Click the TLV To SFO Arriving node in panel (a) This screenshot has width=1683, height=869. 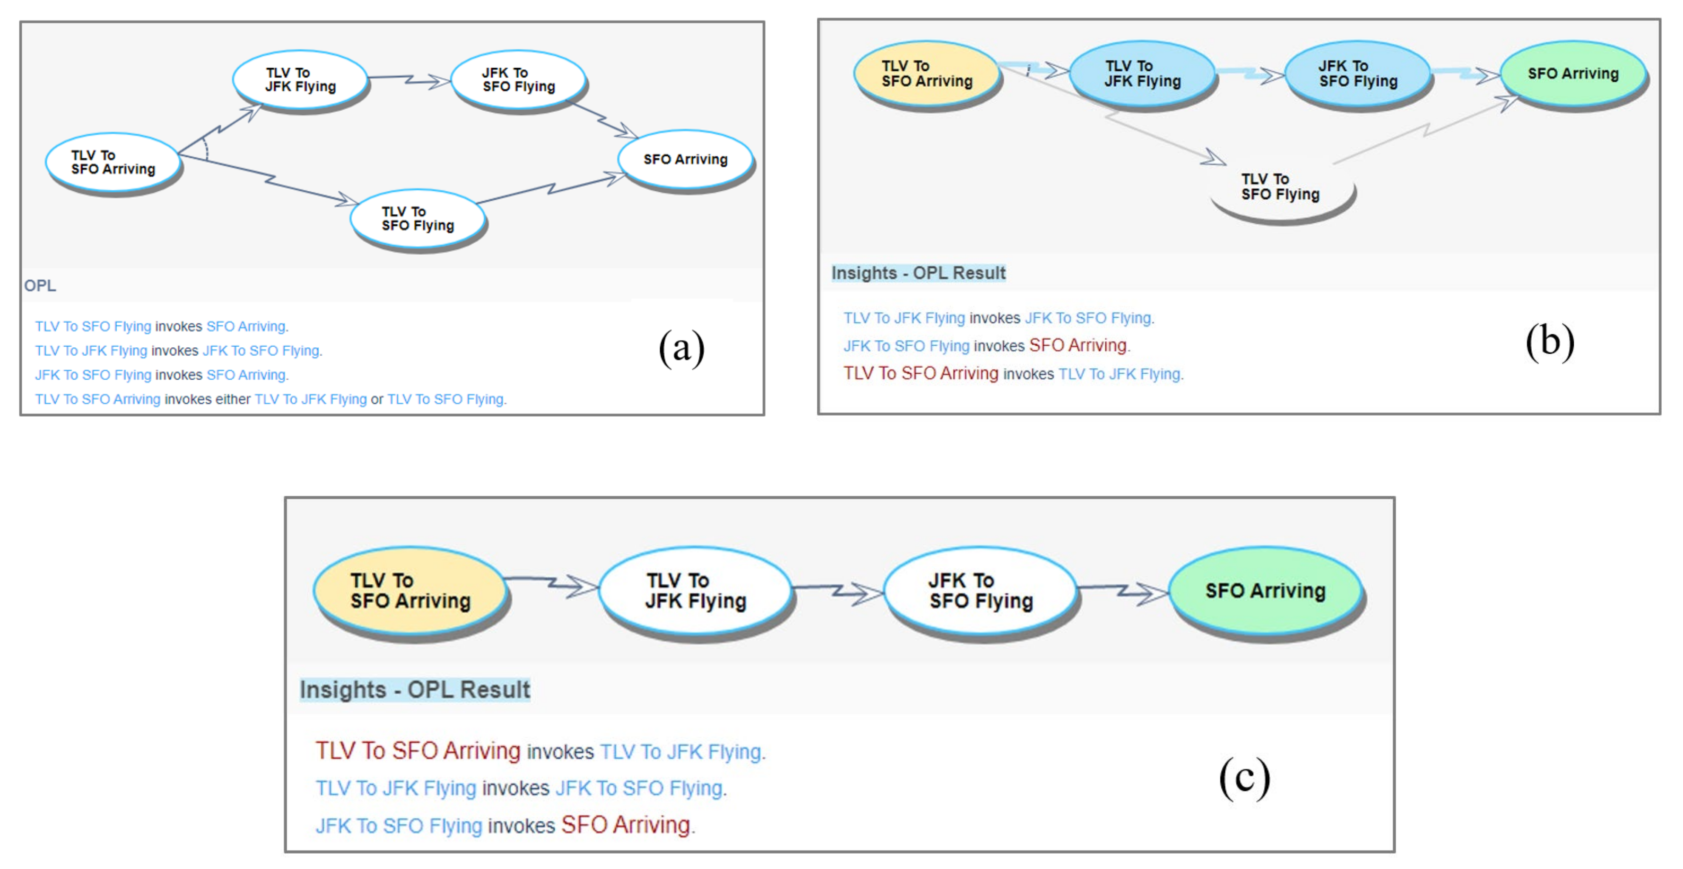pos(112,162)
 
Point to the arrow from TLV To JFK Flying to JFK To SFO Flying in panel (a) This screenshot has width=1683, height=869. pos(410,79)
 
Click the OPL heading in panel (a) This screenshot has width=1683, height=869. pos(40,286)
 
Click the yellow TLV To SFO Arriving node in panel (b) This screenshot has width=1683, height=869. pos(926,74)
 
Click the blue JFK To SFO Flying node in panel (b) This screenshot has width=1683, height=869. pos(1357,74)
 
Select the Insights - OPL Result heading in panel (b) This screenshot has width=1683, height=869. pos(918,273)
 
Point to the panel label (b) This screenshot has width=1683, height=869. pos(1550,341)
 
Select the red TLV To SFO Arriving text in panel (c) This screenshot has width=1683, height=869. pos(418,751)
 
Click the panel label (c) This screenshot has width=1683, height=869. pos(1244,778)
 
